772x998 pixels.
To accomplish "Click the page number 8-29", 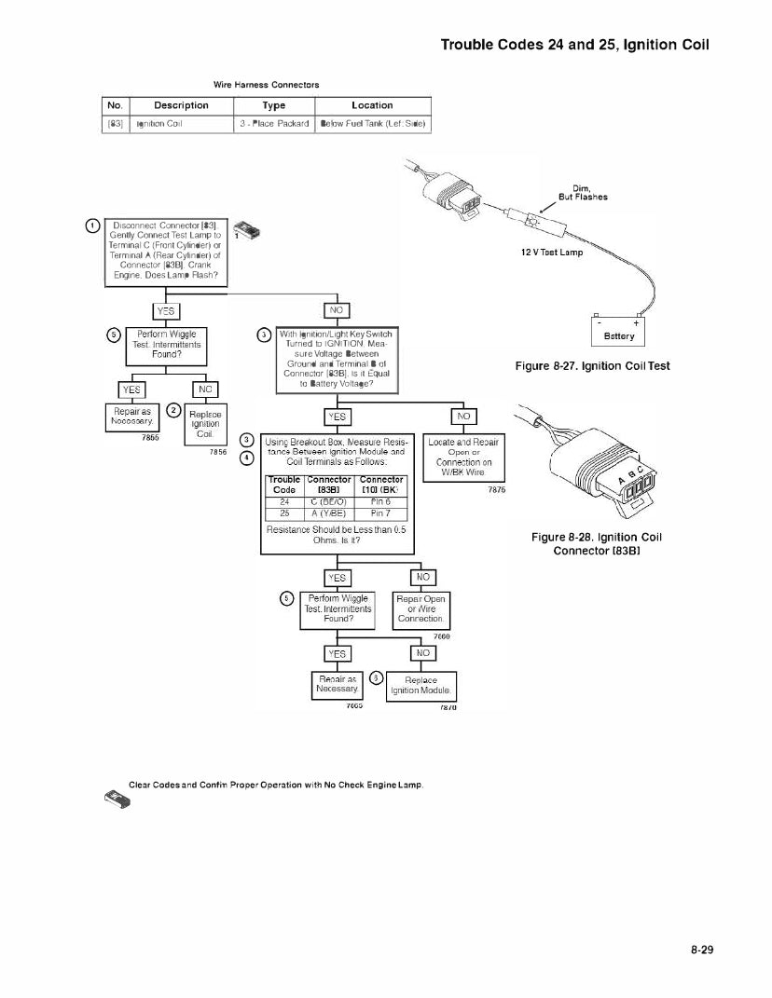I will (701, 950).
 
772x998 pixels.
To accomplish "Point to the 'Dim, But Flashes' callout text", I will (583, 192).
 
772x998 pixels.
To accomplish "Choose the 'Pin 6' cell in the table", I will (380, 501).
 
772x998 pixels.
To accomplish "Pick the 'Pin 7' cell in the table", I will (380, 513).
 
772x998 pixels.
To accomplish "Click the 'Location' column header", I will (372, 105).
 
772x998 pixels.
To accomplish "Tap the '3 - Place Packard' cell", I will (274, 123).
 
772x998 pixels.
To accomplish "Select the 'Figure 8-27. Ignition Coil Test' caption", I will (592, 366).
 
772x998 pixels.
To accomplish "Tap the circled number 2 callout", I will (172, 410).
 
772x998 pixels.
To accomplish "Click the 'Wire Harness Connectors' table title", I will (266, 85).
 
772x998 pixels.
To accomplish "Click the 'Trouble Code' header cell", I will (284, 485).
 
